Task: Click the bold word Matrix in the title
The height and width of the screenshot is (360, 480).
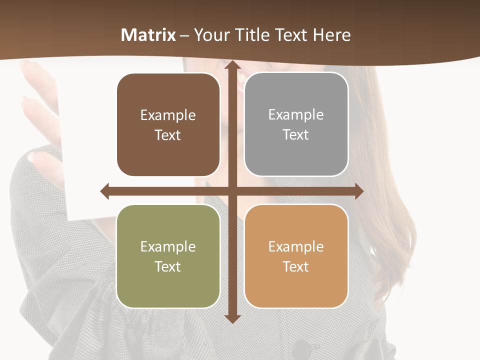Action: click(x=148, y=35)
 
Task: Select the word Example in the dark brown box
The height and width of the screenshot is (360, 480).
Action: click(x=168, y=115)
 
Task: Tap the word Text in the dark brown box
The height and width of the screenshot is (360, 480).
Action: click(x=168, y=135)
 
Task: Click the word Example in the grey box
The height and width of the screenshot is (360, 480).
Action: click(x=296, y=115)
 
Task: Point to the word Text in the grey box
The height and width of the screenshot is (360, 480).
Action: click(x=296, y=134)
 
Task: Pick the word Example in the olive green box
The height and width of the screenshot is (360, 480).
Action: click(x=168, y=246)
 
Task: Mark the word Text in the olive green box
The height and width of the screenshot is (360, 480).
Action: click(x=168, y=266)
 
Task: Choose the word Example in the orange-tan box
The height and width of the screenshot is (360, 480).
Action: click(x=296, y=246)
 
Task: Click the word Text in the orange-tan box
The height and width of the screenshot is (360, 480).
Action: click(x=296, y=266)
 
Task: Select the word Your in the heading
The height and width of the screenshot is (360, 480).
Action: click(x=212, y=35)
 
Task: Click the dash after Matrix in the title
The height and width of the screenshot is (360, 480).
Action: click(x=184, y=35)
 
